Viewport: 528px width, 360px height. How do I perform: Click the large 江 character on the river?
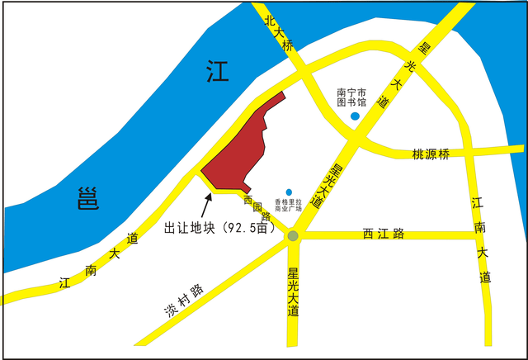click(x=218, y=72)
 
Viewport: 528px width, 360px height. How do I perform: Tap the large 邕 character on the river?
click(x=87, y=199)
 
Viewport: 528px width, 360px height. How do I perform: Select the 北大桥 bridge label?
click(x=278, y=32)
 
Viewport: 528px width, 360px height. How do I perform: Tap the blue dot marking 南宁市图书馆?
click(x=355, y=116)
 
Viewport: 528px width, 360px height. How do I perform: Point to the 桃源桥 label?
click(x=431, y=154)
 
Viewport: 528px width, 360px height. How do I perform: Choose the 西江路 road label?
click(x=384, y=234)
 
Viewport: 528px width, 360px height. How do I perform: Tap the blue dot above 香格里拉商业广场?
click(x=288, y=192)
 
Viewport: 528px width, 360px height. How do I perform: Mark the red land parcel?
click(x=238, y=149)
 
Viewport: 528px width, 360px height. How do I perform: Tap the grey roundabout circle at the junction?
click(x=293, y=237)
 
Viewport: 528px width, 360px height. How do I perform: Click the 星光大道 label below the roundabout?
click(x=293, y=289)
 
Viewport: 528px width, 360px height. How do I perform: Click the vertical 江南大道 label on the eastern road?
click(x=482, y=239)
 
